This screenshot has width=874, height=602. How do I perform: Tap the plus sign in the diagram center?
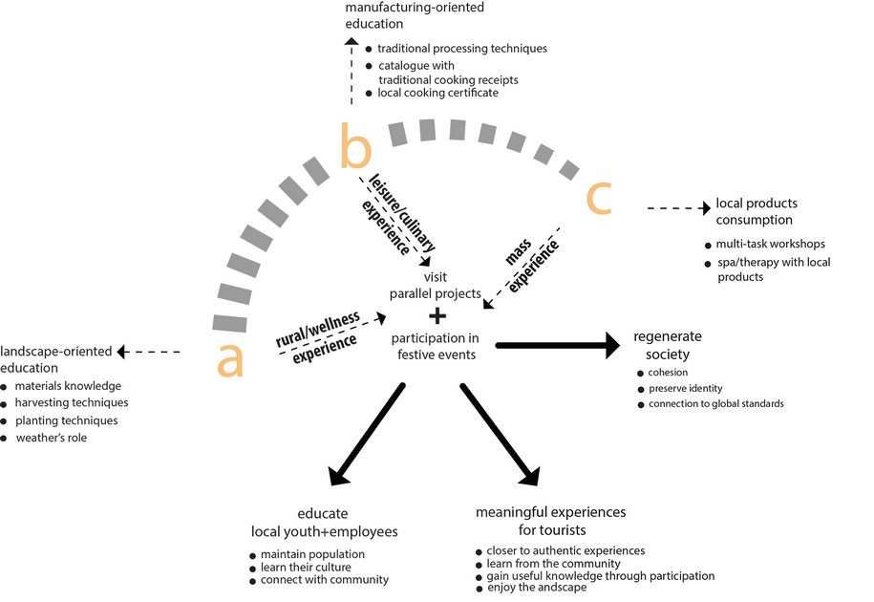point(437,316)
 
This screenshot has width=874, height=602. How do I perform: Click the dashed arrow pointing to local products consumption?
point(678,206)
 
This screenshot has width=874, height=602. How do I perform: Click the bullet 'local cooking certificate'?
point(437,94)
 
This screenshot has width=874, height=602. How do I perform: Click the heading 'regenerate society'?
point(668,346)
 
